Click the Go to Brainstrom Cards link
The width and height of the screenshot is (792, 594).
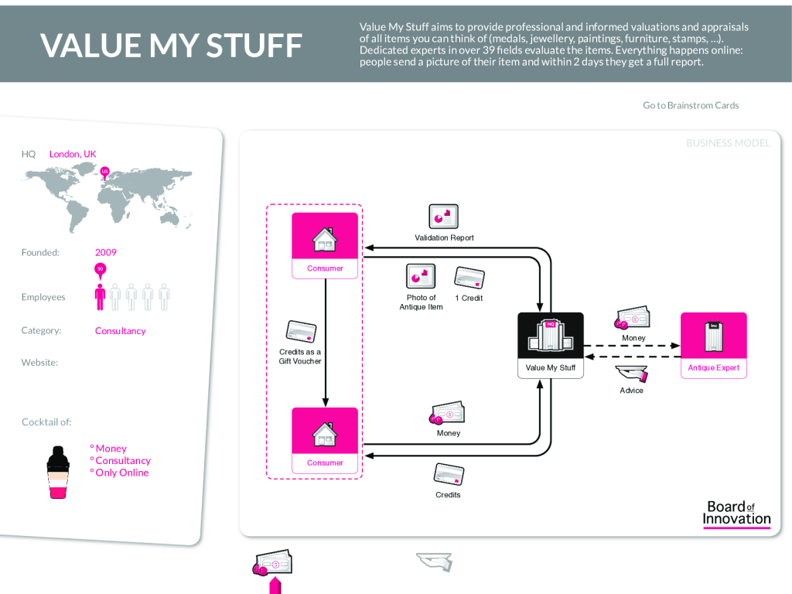pos(691,105)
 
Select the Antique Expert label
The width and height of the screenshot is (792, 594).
pos(713,368)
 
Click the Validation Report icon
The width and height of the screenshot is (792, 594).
pos(444,217)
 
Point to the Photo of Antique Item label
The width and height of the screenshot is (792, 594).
pos(421,302)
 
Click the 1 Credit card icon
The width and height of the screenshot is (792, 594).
pos(469,278)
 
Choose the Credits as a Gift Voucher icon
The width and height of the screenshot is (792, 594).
pos(300,331)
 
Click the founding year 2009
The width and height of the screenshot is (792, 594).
pos(106,252)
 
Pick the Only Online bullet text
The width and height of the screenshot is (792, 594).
pos(121,473)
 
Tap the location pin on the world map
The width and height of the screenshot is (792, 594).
pos(105,172)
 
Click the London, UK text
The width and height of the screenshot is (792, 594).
pos(73,154)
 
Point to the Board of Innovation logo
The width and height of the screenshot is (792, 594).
pos(736,513)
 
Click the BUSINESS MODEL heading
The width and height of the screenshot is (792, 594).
pos(728,143)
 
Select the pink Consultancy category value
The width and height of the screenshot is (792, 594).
pos(120,331)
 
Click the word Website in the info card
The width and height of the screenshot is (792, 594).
pos(39,363)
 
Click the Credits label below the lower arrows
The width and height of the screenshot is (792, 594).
pos(448,495)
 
